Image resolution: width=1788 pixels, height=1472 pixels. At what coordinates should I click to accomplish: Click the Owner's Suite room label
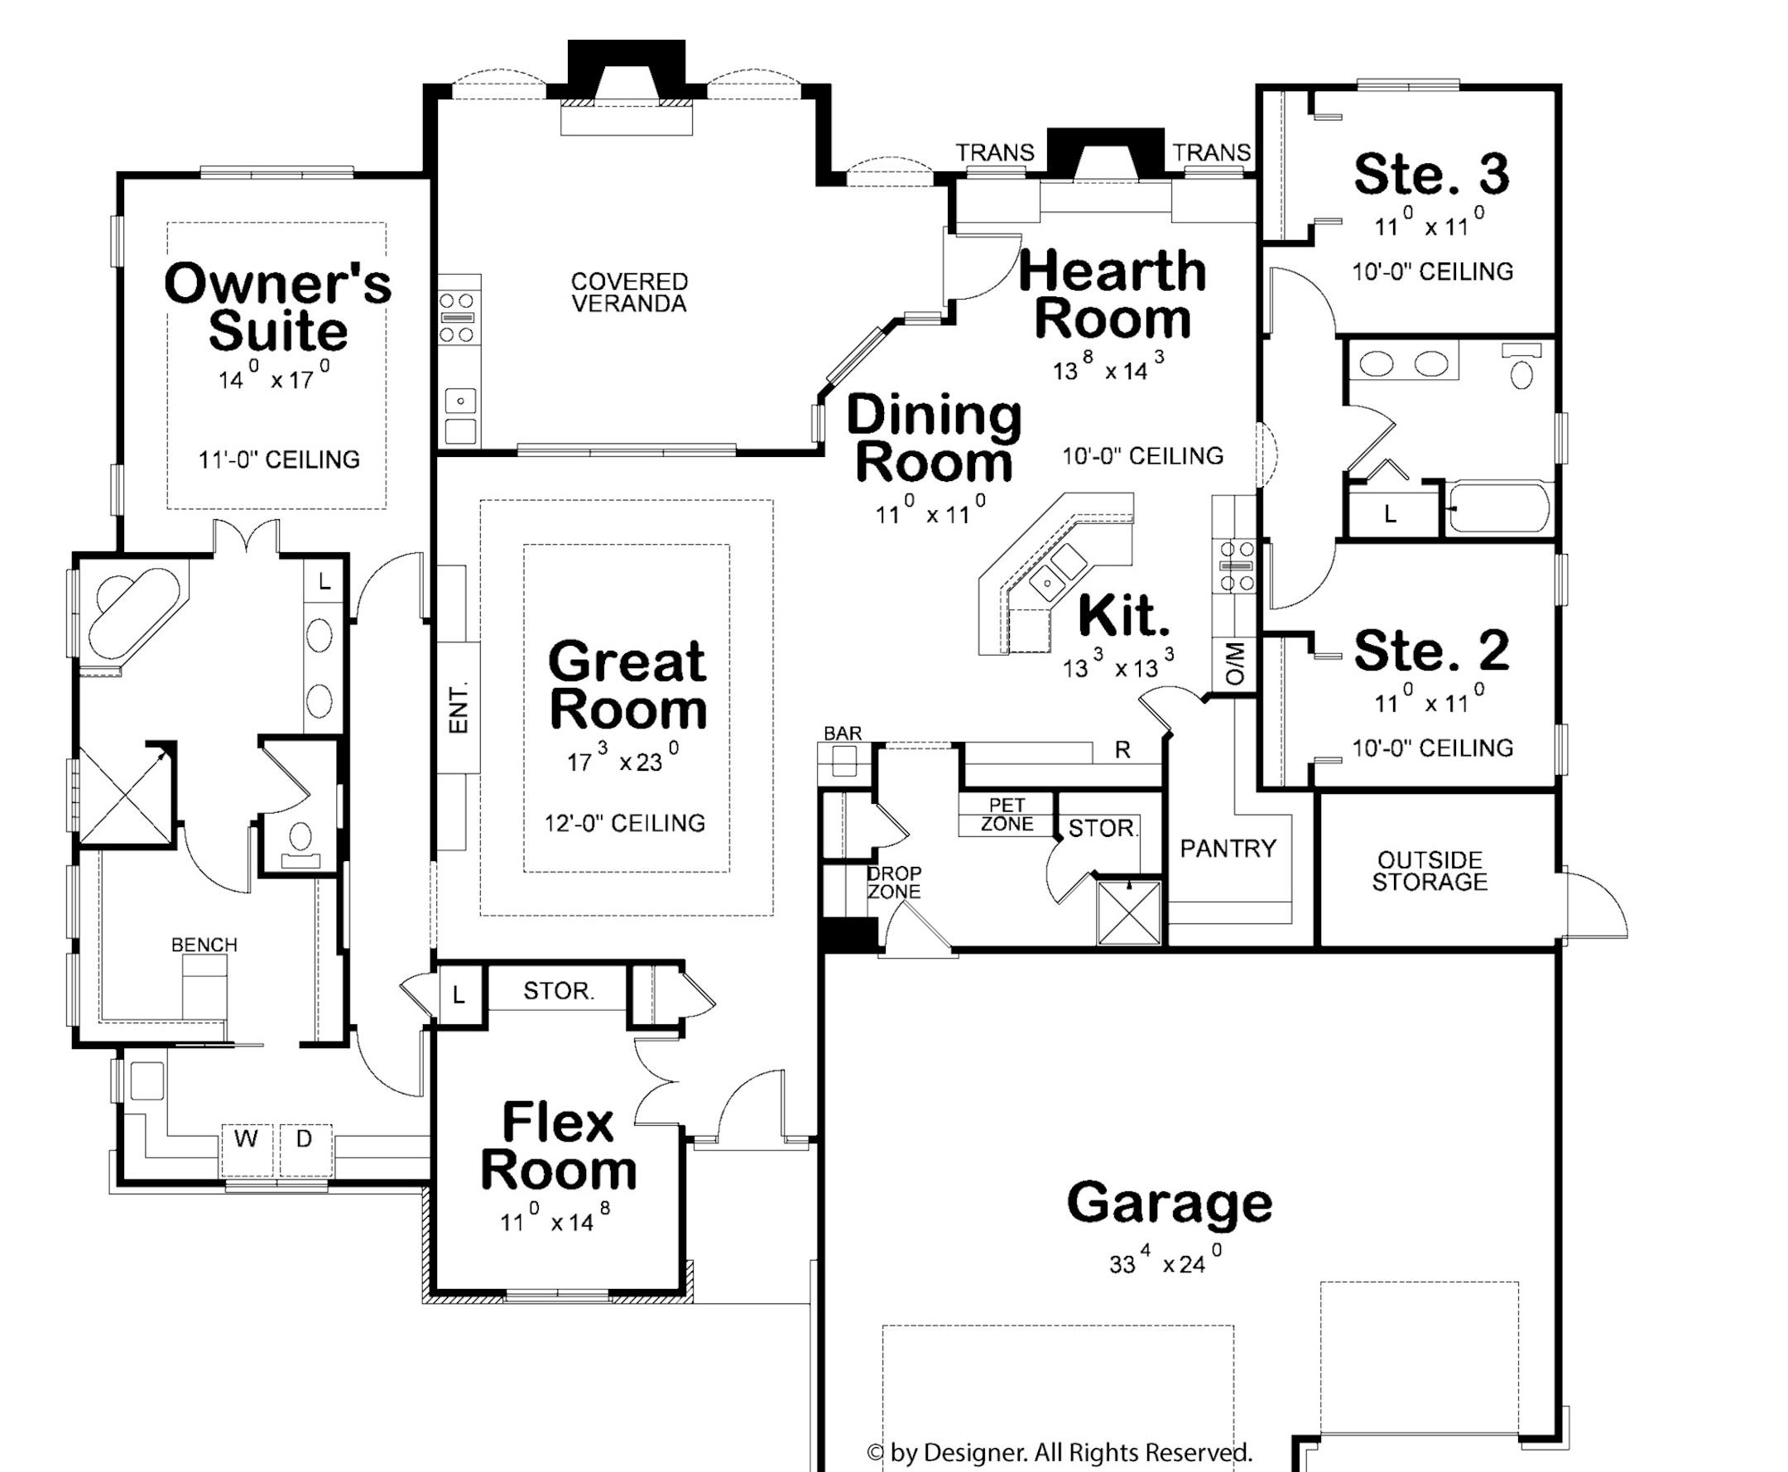277,307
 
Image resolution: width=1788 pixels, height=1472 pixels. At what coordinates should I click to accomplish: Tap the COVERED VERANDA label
628,292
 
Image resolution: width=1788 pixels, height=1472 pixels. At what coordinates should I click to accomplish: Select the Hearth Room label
1113,294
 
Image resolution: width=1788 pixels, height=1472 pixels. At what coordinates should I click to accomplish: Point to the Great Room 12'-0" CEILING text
625,822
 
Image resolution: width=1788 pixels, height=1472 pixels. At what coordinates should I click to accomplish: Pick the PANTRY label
1228,848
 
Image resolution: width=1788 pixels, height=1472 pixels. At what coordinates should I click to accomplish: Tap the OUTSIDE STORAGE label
1430,871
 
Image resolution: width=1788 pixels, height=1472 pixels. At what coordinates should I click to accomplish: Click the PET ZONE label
1007,814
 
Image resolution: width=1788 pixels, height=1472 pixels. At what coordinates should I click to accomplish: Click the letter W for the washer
247,1138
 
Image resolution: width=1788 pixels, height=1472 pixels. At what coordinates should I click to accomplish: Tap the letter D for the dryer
305,1138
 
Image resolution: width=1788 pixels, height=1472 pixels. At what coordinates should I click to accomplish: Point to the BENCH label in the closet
204,945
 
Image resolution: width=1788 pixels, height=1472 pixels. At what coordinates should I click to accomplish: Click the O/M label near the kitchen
1235,664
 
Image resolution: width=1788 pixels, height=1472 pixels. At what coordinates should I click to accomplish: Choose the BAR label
843,734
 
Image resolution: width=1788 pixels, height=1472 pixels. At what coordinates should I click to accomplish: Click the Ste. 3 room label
1431,174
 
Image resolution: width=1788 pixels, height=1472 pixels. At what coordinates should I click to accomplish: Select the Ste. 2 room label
1431,651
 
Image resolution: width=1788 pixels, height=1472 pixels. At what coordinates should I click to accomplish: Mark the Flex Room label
558,1147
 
